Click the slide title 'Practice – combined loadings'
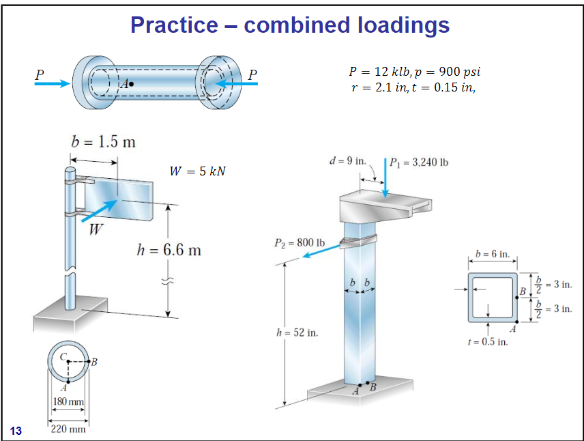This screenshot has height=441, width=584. [x=290, y=25]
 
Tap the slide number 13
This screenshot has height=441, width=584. [x=16, y=430]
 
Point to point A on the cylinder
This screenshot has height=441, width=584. [x=132, y=85]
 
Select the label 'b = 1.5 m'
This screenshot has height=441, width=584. [x=103, y=142]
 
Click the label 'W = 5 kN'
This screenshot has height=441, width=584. [x=197, y=170]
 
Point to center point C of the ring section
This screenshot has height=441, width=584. [x=68, y=362]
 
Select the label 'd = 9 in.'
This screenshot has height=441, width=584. [x=349, y=161]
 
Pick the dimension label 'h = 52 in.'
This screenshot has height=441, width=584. [x=296, y=332]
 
